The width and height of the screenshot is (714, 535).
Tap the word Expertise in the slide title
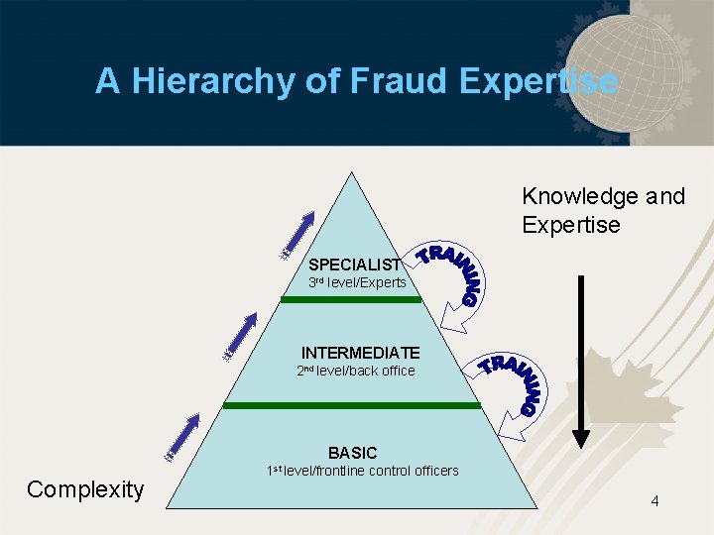click(x=538, y=81)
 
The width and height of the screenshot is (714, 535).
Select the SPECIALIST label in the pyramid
click(x=354, y=265)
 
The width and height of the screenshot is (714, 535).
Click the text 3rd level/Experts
click(x=357, y=283)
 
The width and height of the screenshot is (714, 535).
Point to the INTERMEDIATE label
click(x=361, y=353)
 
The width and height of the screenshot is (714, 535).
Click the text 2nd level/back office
click(x=356, y=372)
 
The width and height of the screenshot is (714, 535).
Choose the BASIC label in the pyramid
click(x=353, y=453)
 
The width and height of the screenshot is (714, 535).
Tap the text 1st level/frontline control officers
click(x=363, y=471)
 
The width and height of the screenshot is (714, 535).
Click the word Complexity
click(x=85, y=488)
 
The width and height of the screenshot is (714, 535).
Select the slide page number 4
click(x=654, y=501)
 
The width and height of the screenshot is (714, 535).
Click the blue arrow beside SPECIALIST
click(x=298, y=235)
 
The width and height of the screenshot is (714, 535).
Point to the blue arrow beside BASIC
click(x=184, y=436)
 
